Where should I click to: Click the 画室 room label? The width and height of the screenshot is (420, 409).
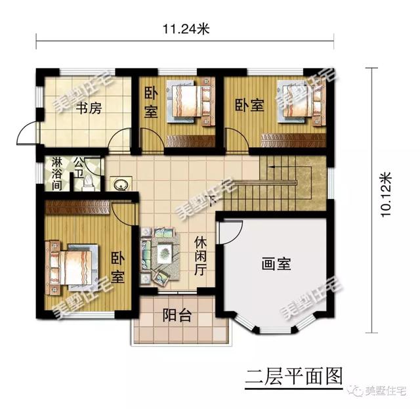pyautogui.click(x=276, y=264)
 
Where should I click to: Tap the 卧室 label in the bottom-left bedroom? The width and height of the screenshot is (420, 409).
pyautogui.click(x=118, y=268)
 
